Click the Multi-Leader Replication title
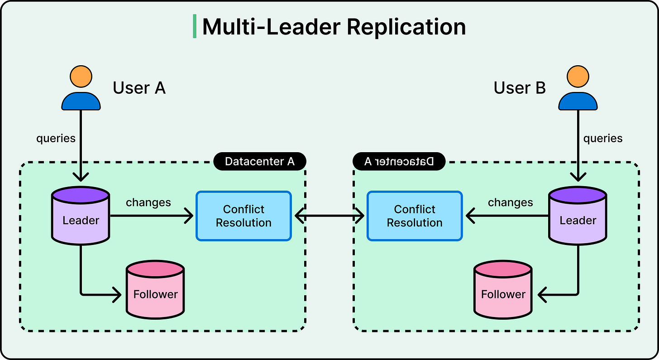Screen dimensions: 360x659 [x=334, y=27]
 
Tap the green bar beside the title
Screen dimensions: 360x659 [x=195, y=26]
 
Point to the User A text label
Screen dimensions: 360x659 [x=139, y=88]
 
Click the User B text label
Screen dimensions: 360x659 [x=520, y=88]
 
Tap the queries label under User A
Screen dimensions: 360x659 [x=56, y=139]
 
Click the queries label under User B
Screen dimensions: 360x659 [x=602, y=139]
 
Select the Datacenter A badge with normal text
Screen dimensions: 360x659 [x=259, y=162]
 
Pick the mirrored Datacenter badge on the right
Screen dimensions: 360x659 [x=399, y=162]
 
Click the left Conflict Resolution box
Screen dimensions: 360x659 [x=244, y=216]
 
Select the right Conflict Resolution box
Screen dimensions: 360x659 [x=415, y=216]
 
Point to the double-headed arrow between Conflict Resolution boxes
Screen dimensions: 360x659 [x=329, y=216]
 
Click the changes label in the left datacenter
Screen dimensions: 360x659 [x=148, y=202]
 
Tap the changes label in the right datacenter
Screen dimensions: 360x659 [x=510, y=202]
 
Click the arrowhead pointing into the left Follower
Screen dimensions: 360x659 [x=118, y=295]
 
